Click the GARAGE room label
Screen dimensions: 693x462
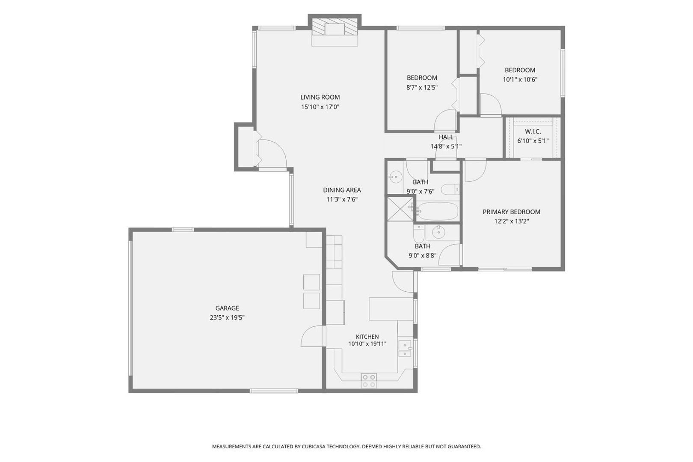[x=227, y=308]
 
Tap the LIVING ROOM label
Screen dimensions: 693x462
[x=320, y=97]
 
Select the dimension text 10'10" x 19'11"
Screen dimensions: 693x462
[x=367, y=344]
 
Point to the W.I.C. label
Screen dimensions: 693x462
[x=533, y=131]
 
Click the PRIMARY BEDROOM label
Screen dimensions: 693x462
[x=511, y=212]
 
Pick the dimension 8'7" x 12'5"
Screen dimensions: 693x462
[x=422, y=88]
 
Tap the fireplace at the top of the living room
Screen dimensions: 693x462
[x=335, y=30]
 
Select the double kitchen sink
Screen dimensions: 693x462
[x=405, y=349]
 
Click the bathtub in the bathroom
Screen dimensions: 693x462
[x=437, y=211]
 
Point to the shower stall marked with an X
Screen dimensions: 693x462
[x=400, y=209]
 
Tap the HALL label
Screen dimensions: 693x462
[x=446, y=137]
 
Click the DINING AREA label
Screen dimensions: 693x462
[x=342, y=190]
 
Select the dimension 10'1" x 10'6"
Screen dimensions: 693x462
[x=520, y=80]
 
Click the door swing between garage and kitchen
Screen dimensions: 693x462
[x=312, y=336]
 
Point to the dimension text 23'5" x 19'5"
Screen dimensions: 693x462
[x=227, y=318]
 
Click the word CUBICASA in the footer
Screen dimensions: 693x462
[x=313, y=447]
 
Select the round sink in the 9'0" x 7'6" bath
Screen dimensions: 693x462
[x=395, y=177]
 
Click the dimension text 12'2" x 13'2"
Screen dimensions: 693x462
[x=511, y=221]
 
